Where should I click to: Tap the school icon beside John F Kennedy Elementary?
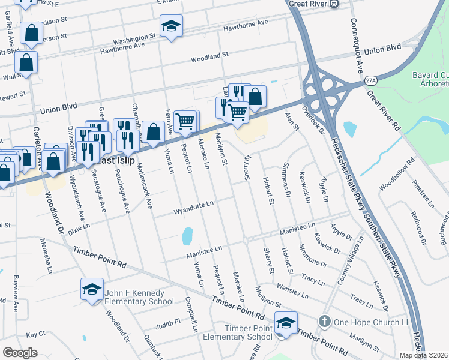[x=92, y=290]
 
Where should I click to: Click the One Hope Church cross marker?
[x=325, y=322]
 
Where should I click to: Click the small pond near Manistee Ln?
[x=187, y=235]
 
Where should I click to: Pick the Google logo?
[x=20, y=353]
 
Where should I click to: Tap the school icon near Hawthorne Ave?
[x=171, y=26]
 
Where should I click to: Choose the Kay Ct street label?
[x=35, y=334]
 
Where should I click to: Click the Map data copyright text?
[x=423, y=355]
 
